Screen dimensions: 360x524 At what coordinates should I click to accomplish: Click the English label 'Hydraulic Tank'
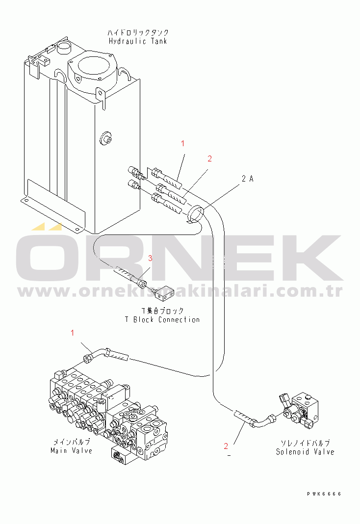tap(138, 41)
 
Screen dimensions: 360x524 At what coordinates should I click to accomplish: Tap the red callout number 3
tap(150, 258)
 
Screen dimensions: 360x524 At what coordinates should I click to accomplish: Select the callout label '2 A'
tap(248, 179)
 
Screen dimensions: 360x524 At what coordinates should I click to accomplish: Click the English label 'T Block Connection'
tap(162, 319)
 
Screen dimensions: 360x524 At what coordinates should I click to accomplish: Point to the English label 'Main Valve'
tap(71, 450)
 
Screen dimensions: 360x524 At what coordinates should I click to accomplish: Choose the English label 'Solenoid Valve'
tap(305, 452)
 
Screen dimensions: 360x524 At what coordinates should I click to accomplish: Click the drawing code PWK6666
tap(324, 494)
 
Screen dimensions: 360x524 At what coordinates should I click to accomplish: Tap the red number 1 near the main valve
tap(73, 333)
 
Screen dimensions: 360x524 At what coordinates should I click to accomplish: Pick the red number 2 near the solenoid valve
tap(226, 446)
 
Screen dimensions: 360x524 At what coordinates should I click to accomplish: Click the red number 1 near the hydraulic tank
tap(182, 143)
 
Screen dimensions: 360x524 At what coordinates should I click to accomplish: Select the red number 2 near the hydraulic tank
tap(210, 158)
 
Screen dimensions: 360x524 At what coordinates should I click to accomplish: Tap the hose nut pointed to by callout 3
tap(142, 284)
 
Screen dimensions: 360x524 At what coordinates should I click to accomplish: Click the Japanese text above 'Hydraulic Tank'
tap(138, 32)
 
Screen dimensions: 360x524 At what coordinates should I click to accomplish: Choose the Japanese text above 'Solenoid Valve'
tap(305, 443)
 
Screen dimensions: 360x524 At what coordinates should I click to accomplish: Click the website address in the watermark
tap(180, 292)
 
